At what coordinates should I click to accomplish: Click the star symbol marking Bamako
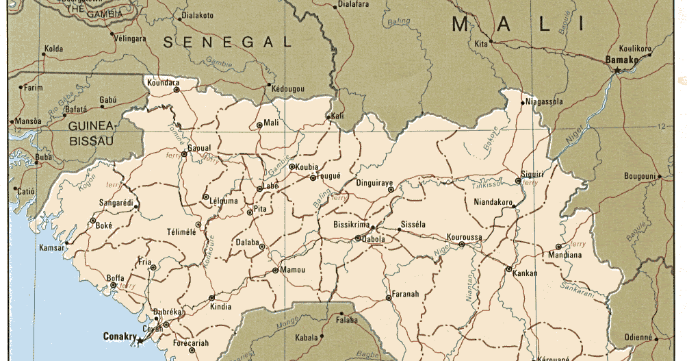(x=617, y=70)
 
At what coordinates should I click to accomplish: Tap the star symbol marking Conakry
(x=140, y=340)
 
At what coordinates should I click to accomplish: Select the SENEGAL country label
(x=228, y=42)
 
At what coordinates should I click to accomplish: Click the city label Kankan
(x=524, y=273)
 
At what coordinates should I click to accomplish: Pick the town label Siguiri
(x=532, y=175)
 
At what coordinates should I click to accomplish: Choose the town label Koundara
(x=163, y=83)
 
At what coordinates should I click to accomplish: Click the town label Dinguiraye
(x=375, y=183)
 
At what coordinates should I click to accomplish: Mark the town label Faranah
(x=406, y=295)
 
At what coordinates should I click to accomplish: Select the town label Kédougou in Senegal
(x=287, y=89)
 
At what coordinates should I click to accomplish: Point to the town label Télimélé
(x=181, y=232)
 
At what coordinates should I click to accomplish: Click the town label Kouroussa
(x=465, y=237)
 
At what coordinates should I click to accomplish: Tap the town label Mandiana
(x=565, y=256)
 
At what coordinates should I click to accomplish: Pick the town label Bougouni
(x=640, y=177)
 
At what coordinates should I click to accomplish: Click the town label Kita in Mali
(x=481, y=45)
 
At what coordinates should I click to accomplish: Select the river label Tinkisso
(x=487, y=186)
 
